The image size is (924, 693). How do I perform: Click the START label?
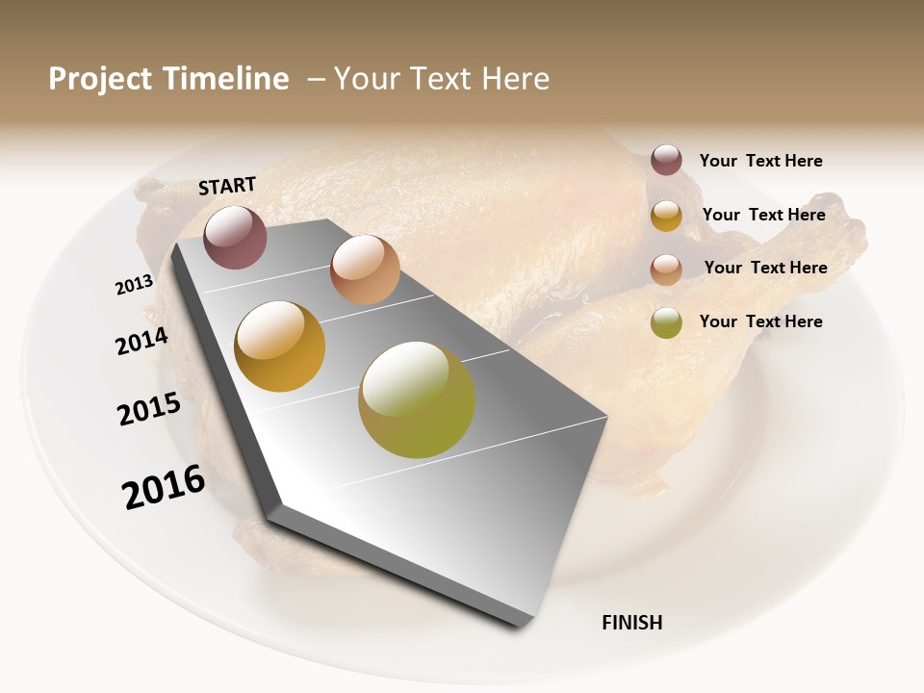pyautogui.click(x=227, y=186)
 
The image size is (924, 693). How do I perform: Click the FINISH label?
pyautogui.click(x=631, y=623)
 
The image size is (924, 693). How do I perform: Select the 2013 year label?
pyautogui.click(x=135, y=285)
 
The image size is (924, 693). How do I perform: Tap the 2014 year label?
pyautogui.click(x=141, y=341)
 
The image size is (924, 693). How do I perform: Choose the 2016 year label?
pyautogui.click(x=164, y=487)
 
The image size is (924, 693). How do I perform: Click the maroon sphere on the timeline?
pyautogui.click(x=235, y=237)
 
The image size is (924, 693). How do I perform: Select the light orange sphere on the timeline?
pyautogui.click(x=365, y=269)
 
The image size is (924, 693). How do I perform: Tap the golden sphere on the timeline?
pyautogui.click(x=280, y=346)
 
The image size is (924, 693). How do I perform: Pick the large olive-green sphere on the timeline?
pyautogui.click(x=417, y=399)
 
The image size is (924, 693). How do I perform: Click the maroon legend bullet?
pyautogui.click(x=666, y=160)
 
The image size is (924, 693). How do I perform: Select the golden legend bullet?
pyautogui.click(x=666, y=216)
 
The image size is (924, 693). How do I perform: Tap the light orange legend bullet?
pyautogui.click(x=666, y=269)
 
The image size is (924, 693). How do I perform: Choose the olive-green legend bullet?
pyautogui.click(x=666, y=322)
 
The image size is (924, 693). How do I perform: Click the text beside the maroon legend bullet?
pyautogui.click(x=760, y=161)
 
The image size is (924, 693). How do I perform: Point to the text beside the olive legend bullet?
pyautogui.click(x=760, y=321)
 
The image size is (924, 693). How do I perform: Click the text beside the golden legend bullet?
pyautogui.click(x=763, y=215)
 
